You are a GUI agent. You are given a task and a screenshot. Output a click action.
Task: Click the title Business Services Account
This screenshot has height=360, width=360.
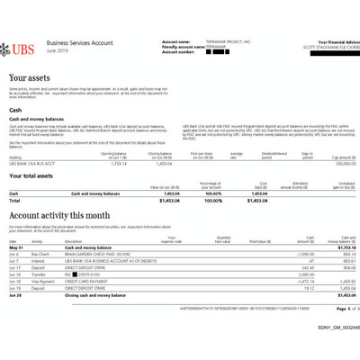coord(79,42)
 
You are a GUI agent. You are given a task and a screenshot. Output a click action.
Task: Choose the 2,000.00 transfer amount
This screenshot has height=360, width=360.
coord(304,274)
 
